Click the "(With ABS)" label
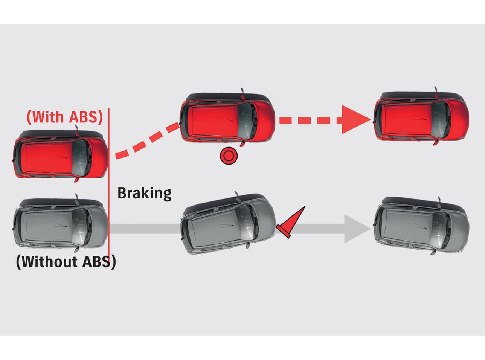point(65,117)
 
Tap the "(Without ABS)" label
point(66,261)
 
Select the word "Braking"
point(145,193)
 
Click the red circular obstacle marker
point(229,156)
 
